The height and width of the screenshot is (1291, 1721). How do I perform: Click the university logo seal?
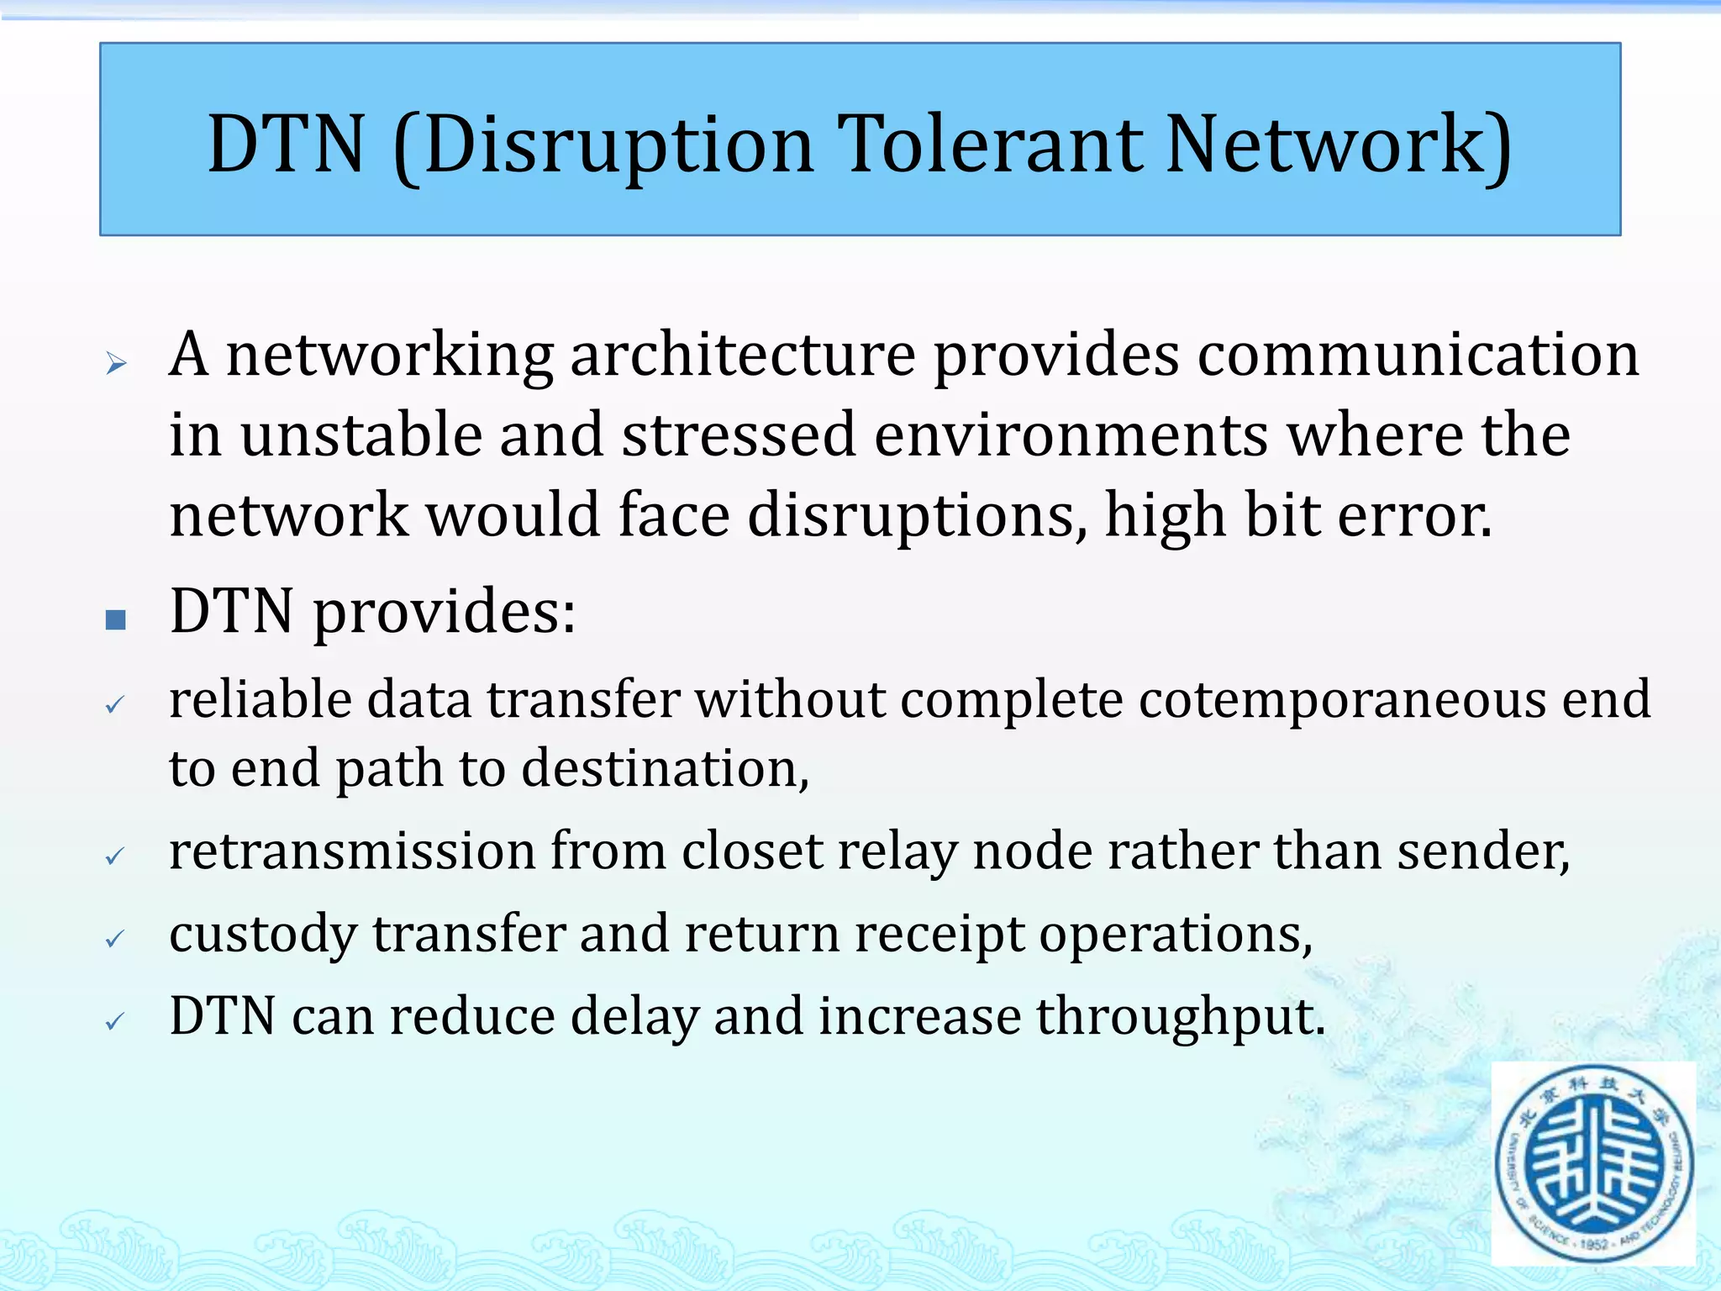pyautogui.click(x=1594, y=1164)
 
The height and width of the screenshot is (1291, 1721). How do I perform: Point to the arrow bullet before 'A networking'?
pyautogui.click(x=116, y=363)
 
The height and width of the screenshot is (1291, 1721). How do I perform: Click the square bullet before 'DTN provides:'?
pyautogui.click(x=116, y=620)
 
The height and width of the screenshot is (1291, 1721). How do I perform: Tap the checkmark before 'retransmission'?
pyautogui.click(x=115, y=856)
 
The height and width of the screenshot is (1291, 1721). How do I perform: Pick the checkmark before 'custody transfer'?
pyautogui.click(x=115, y=938)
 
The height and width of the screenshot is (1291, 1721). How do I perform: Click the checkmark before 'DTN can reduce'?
pyautogui.click(x=115, y=1021)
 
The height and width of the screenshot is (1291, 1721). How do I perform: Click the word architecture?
pyautogui.click(x=743, y=355)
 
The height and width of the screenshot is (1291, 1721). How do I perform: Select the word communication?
pyautogui.click(x=1418, y=355)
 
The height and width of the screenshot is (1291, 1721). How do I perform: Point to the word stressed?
pyautogui.click(x=738, y=435)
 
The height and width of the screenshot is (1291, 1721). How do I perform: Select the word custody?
pyautogui.click(x=263, y=935)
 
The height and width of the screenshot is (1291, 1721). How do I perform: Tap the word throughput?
pyautogui.click(x=1180, y=1017)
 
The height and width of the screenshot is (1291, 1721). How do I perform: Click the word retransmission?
pyautogui.click(x=352, y=851)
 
